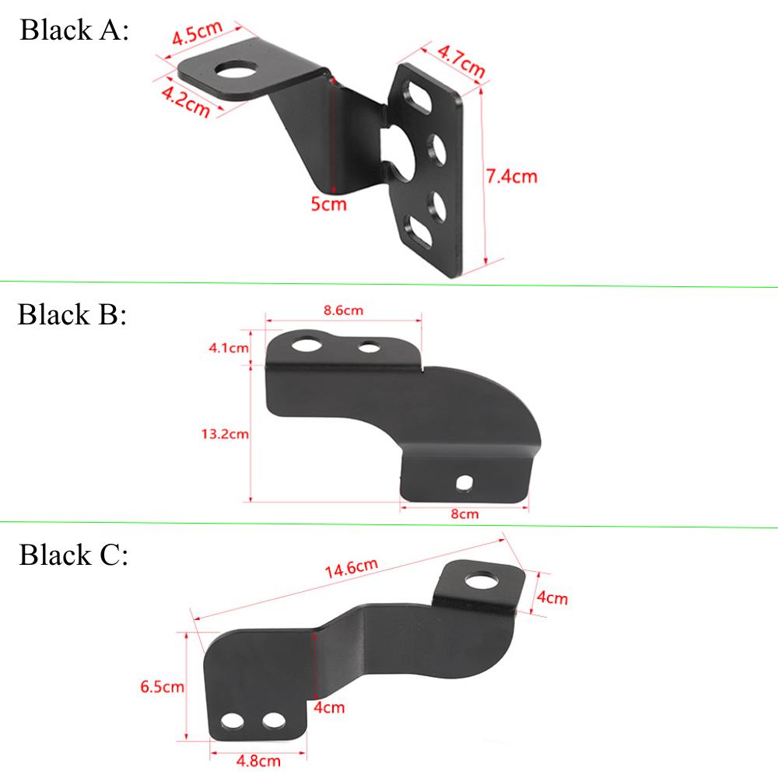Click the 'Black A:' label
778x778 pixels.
[74, 31]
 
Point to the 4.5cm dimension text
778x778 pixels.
[197, 33]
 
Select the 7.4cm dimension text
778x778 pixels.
[511, 177]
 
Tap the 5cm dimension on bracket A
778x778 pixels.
[328, 205]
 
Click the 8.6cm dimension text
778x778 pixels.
[344, 310]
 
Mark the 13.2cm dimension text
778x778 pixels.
[225, 434]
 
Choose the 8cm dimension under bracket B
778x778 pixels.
[464, 513]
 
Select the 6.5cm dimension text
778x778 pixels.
[162, 686]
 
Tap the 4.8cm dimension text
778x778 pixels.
[259, 760]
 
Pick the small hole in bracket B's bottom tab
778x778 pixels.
[465, 483]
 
